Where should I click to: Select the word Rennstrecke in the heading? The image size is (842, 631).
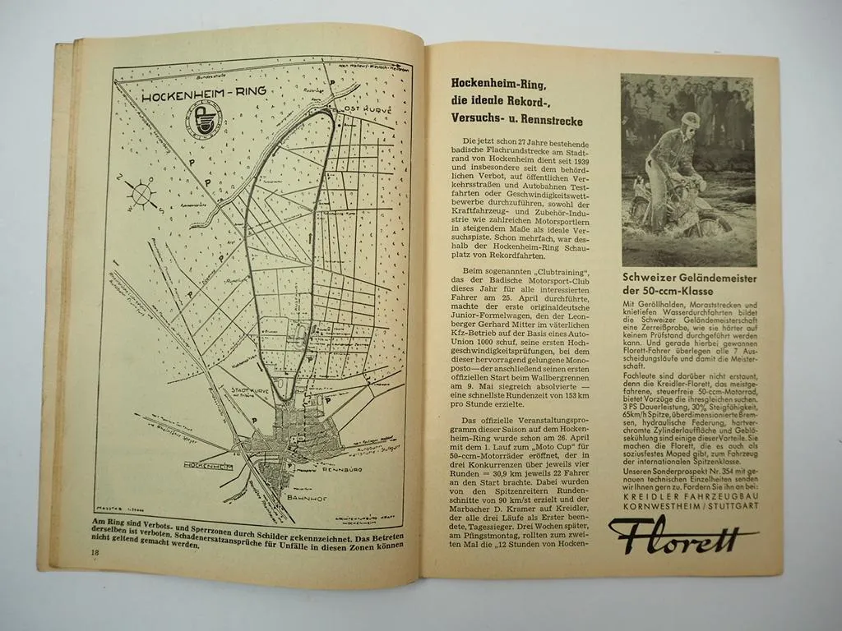pos(549,120)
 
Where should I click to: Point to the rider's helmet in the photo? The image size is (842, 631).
pos(691,120)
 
